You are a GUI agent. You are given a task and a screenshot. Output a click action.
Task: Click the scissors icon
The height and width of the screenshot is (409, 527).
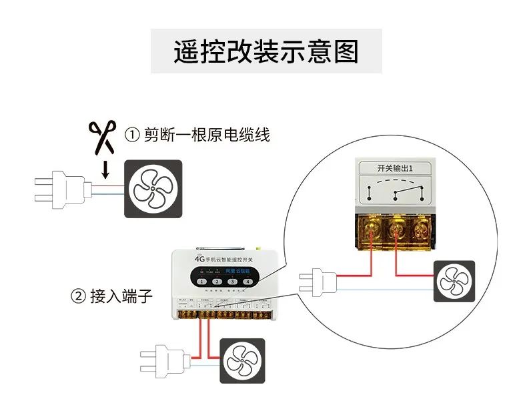(x=103, y=136)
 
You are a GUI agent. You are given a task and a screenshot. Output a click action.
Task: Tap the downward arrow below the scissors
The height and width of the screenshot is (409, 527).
(x=103, y=170)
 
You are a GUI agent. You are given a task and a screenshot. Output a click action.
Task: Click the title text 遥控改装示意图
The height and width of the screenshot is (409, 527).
(x=266, y=51)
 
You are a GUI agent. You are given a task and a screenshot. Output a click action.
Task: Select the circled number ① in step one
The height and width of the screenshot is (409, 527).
(x=132, y=135)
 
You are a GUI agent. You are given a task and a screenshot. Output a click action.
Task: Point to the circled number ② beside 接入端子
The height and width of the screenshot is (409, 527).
(x=78, y=296)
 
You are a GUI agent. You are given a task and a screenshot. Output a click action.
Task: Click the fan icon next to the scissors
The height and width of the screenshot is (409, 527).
(x=153, y=188)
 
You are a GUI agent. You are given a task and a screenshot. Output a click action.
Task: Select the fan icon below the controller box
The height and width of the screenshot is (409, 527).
(x=243, y=360)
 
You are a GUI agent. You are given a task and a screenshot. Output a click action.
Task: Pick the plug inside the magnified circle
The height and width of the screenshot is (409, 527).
(x=318, y=282)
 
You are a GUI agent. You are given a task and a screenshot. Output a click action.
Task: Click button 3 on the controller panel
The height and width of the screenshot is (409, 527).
(x=232, y=282)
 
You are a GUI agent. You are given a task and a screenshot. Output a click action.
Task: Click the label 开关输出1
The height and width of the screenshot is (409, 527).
(x=396, y=168)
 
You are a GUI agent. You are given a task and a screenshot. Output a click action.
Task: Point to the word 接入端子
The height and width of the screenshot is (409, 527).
(x=121, y=296)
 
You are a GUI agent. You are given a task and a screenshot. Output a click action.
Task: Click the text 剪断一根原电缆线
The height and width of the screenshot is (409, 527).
(x=207, y=135)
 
